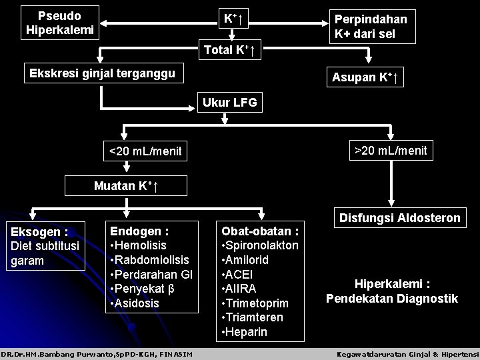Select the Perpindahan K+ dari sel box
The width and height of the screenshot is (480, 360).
(375, 27)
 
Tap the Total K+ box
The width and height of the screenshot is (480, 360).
(233, 49)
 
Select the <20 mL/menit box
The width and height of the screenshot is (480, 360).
(145, 152)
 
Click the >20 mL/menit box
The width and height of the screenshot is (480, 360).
(391, 151)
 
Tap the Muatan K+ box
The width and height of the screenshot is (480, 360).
(125, 185)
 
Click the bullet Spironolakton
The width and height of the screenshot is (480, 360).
(259, 245)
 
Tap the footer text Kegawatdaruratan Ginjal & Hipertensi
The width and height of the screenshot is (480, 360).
(407, 353)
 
